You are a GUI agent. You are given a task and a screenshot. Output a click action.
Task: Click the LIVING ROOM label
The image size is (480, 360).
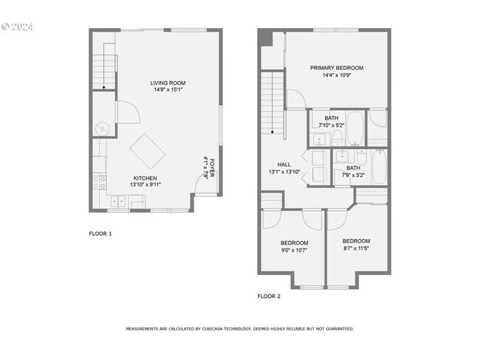tap(168, 83)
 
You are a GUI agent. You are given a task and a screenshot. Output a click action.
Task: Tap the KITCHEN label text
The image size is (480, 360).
tap(145, 178)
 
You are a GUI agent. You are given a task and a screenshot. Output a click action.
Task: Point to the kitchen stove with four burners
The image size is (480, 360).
tap(100, 181)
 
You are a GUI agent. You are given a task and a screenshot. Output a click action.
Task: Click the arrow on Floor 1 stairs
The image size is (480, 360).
tap(104, 86)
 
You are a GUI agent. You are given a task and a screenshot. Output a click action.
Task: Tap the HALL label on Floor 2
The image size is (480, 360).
tap(284, 165)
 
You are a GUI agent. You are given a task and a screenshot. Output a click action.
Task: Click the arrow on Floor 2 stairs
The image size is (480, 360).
tap(272, 132)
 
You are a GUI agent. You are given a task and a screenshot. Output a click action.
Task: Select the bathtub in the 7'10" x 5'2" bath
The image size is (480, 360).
tap(355, 127)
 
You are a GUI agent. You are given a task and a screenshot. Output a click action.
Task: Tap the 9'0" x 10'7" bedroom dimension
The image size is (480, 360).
tap(294, 250)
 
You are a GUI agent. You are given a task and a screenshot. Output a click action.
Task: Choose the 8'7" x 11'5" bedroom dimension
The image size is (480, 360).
tap(356, 249)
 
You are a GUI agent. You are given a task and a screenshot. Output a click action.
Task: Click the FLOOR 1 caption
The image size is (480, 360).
tap(100, 234)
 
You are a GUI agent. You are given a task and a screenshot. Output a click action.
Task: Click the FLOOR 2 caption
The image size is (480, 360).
tap(269, 296)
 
